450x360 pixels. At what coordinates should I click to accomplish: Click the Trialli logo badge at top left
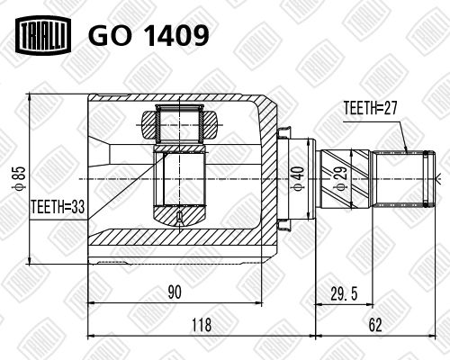(43, 36)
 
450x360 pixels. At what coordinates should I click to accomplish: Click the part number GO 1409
(148, 36)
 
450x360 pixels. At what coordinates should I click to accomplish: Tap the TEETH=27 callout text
(370, 108)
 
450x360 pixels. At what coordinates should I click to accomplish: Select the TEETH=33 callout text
(58, 207)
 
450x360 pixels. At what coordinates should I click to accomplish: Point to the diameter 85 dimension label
(20, 178)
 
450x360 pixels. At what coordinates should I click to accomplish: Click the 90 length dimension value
(175, 292)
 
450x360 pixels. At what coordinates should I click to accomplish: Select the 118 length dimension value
(202, 325)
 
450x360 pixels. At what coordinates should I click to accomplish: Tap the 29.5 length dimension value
(344, 293)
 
